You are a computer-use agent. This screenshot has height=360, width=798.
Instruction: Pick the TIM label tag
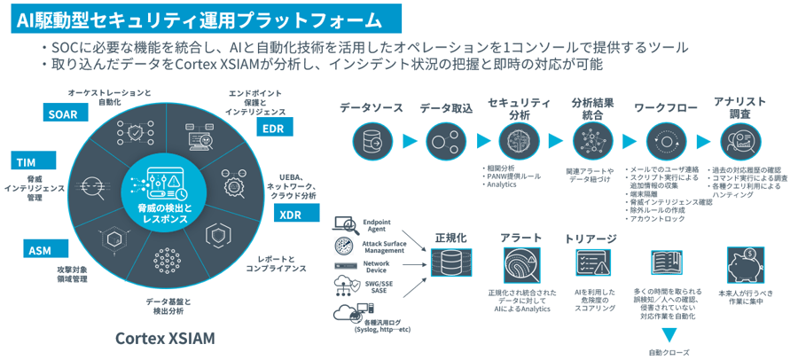[x=26, y=161]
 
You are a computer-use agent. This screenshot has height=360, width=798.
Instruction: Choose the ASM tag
[x=40, y=250]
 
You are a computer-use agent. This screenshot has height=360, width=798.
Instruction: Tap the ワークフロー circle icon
[x=663, y=140]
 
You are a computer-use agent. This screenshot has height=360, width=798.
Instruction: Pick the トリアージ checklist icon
[x=591, y=263]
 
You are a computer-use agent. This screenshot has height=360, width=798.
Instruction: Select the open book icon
[x=666, y=263]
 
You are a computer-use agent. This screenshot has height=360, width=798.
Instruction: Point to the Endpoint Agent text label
[x=378, y=224]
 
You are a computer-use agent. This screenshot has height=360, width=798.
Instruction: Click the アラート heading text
[x=521, y=239]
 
